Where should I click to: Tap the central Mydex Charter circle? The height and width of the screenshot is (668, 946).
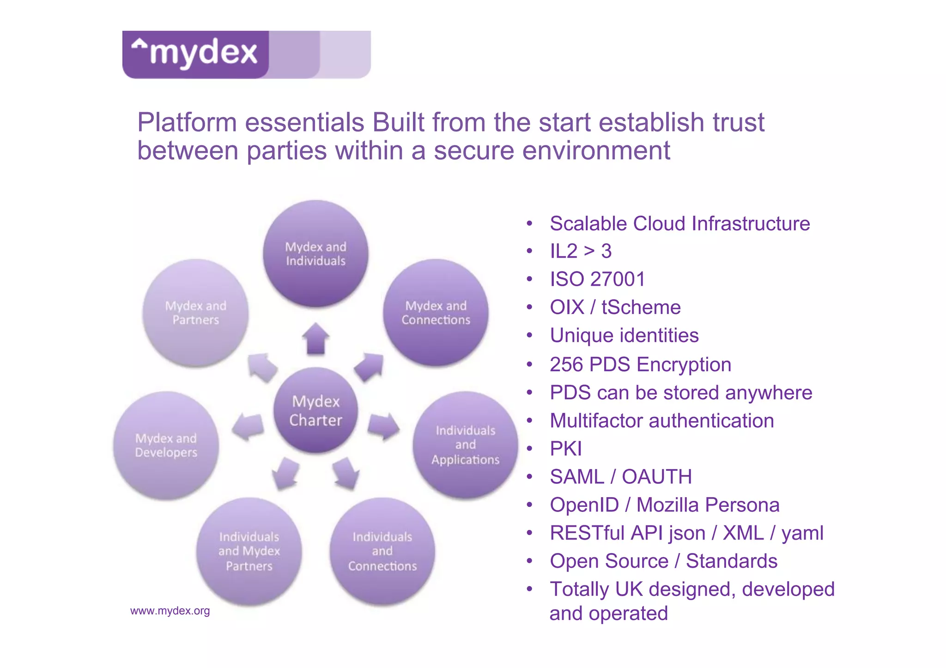tap(316, 410)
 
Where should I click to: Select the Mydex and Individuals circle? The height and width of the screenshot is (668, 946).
tap(316, 253)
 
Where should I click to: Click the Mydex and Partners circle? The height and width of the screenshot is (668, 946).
tap(196, 313)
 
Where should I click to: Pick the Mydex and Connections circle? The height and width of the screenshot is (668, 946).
tap(436, 313)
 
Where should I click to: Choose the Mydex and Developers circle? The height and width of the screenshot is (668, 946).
tap(166, 445)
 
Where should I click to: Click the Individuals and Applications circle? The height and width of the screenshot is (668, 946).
tap(465, 445)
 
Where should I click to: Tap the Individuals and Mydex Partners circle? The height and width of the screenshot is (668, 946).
tap(249, 551)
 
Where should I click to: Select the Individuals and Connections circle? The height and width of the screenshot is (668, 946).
tap(382, 551)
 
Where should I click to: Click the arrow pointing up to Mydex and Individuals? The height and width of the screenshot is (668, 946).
tap(316, 338)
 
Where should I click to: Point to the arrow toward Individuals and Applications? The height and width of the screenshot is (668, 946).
tap(383, 426)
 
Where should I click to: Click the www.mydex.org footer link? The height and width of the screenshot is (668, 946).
tap(170, 611)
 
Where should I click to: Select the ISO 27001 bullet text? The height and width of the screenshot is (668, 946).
tap(597, 279)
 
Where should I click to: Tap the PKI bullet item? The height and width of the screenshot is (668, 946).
tap(566, 449)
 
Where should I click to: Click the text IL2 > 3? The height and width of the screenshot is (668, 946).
tap(581, 252)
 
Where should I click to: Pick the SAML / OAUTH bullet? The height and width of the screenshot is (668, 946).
tap(621, 477)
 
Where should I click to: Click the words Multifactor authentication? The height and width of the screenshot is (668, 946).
tap(661, 421)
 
